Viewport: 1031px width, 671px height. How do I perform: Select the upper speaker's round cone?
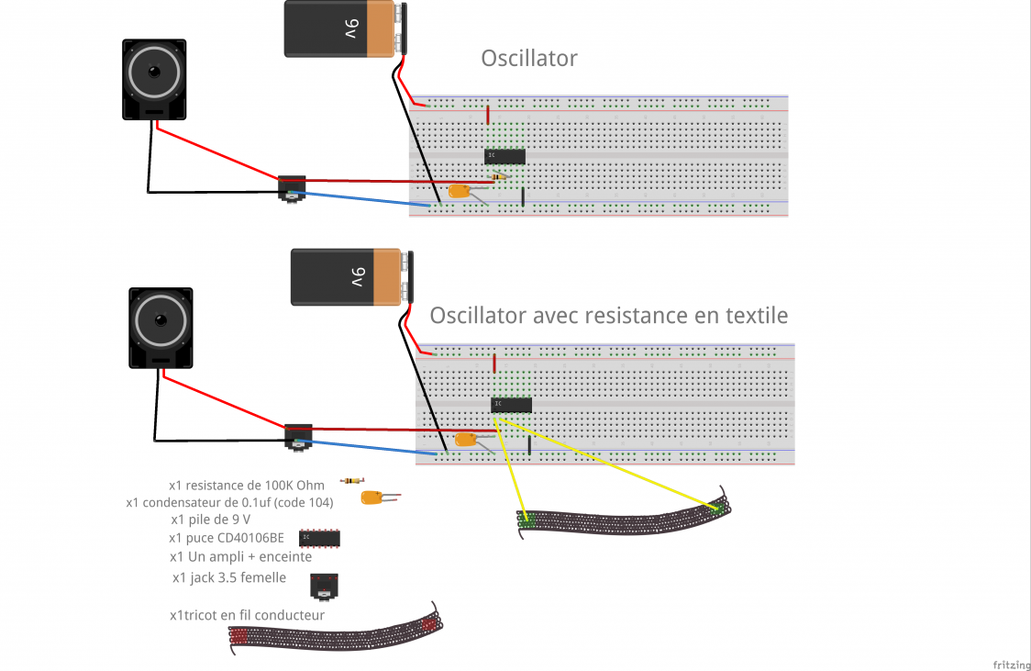[x=154, y=73]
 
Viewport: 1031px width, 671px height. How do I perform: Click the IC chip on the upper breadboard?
[x=504, y=156]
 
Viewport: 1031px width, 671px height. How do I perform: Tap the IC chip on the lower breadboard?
[x=511, y=405]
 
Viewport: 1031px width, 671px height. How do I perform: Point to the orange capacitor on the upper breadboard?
[x=460, y=192]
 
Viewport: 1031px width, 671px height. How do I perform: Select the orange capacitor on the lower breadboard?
[x=466, y=440]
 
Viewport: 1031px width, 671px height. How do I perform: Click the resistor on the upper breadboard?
[x=499, y=176]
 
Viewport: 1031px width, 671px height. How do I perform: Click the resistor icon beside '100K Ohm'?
[x=350, y=481]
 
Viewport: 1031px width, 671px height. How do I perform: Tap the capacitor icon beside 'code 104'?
[x=373, y=498]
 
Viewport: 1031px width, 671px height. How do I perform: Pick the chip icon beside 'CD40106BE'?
[x=321, y=537]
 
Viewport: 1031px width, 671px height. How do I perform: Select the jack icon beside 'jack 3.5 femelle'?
[x=325, y=584]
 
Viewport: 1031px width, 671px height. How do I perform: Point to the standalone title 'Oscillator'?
[x=529, y=59]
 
